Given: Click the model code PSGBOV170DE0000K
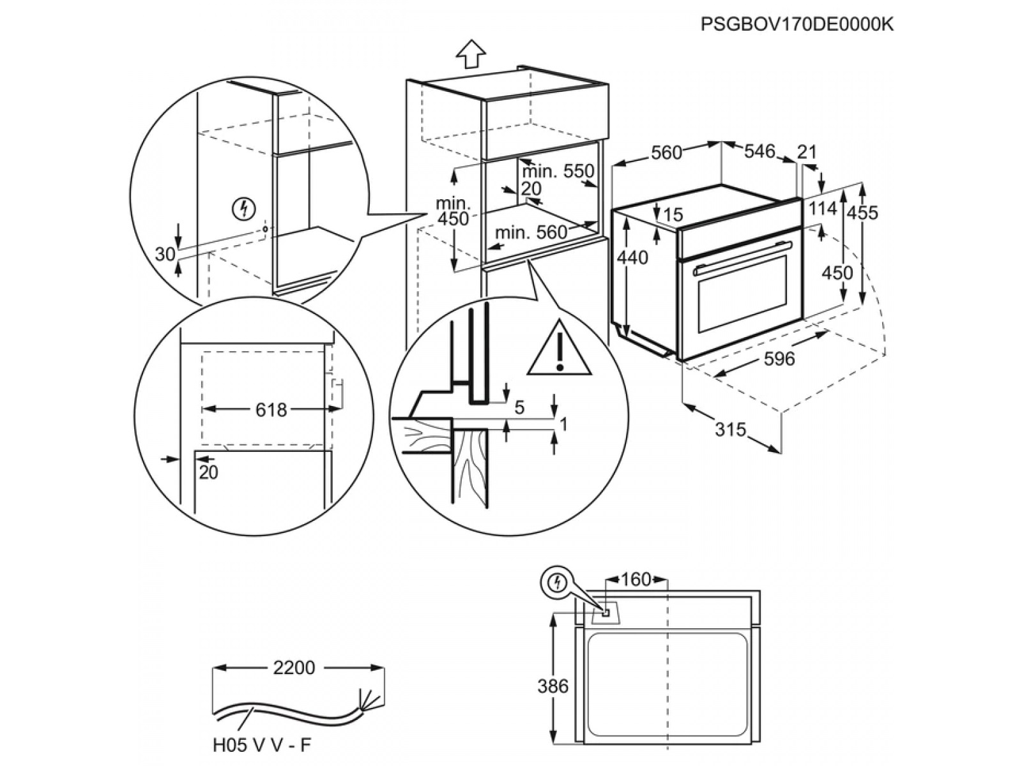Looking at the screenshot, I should tap(797, 24).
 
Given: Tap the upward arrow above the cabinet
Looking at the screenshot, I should tap(470, 53).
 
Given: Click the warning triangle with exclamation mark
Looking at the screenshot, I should tap(560, 352).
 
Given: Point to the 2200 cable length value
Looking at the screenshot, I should tap(294, 668).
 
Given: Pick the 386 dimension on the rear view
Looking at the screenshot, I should tap(553, 686).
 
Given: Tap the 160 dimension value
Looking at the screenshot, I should tap(636, 580).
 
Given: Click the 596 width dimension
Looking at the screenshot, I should tap(779, 359).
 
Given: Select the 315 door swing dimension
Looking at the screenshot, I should tap(729, 430).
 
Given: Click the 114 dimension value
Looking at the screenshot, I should tap(822, 209).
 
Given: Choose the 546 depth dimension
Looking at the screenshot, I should tap(759, 151).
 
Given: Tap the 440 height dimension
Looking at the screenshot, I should tap(632, 257).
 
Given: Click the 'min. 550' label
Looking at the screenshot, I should tap(558, 171).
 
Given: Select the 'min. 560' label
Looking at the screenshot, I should tap(531, 232).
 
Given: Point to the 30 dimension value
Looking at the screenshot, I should tap(165, 254).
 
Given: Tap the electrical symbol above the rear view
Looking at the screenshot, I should tap(558, 582).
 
